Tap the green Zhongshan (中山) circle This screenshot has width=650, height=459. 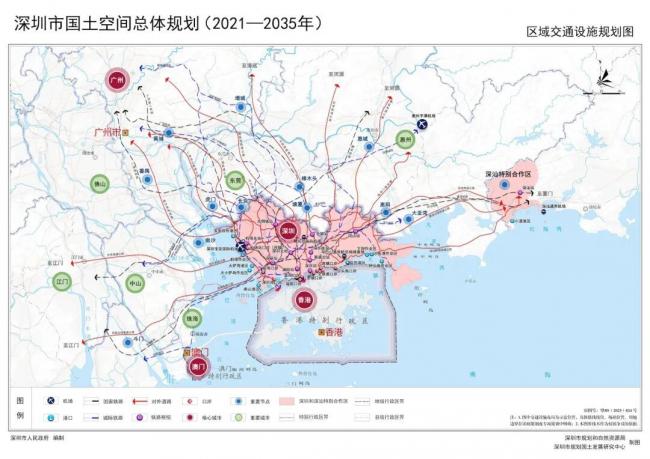pyautogui.click(x=137, y=284)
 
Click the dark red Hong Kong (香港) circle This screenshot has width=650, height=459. pyautogui.click(x=301, y=299)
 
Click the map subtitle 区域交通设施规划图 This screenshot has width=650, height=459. pyautogui.click(x=581, y=31)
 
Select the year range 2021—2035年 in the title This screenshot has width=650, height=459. pyautogui.click(x=264, y=21)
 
